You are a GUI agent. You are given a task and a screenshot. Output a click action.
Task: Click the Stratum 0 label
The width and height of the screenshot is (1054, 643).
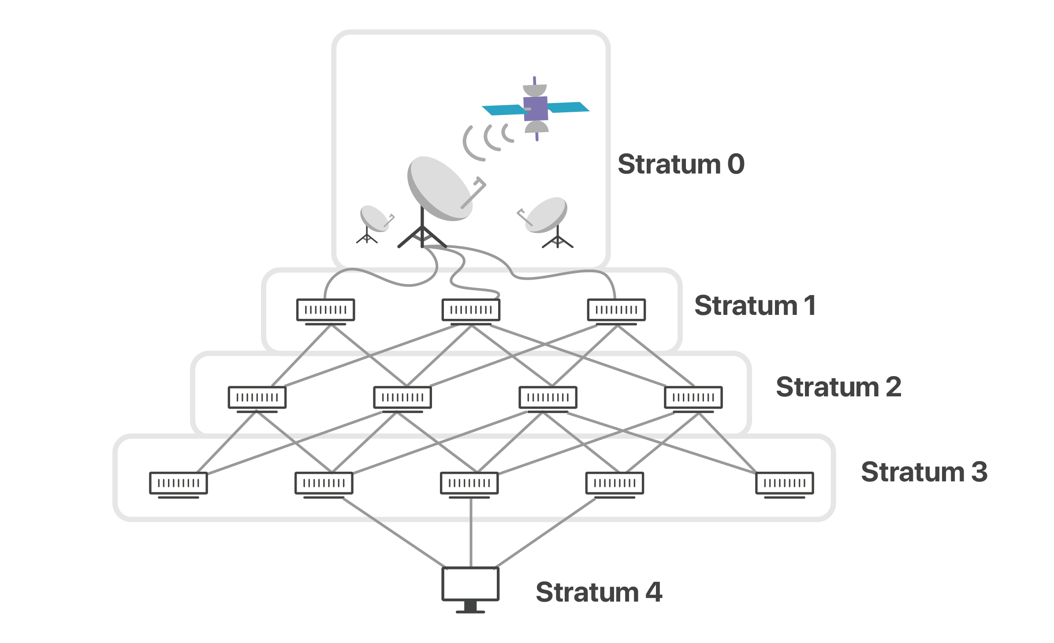point(681,164)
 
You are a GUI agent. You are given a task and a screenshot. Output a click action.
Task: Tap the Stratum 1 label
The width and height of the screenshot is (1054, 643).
point(755,306)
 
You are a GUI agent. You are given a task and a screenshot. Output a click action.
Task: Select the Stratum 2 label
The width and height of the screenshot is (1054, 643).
point(838,387)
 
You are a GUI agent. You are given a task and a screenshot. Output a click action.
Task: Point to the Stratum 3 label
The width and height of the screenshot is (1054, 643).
point(924,472)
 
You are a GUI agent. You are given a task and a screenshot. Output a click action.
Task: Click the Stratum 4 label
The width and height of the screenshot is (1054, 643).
point(599,592)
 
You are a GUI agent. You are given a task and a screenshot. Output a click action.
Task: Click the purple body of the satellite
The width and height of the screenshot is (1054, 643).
point(536,108)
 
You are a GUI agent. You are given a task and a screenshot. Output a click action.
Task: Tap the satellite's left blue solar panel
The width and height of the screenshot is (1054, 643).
point(503,110)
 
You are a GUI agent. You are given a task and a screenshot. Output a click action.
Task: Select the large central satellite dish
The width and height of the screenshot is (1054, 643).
point(439,188)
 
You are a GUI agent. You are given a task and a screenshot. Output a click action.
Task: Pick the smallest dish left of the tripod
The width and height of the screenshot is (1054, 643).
point(374,218)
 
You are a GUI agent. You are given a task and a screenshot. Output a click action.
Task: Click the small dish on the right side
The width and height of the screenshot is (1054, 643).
point(547,215)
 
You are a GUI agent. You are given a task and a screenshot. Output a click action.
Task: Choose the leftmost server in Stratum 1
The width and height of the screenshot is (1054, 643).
point(325,310)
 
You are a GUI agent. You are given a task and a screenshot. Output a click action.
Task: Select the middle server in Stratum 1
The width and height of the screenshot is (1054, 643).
point(471,310)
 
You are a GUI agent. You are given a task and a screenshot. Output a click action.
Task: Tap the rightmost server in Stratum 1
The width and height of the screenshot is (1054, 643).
point(616,310)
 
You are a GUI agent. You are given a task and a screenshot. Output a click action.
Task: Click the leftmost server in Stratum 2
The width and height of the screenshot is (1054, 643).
point(257,398)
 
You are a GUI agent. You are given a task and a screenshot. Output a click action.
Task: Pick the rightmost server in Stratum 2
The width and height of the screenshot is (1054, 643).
point(693,398)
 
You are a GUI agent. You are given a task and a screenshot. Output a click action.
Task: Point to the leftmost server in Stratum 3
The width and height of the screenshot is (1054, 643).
point(179,483)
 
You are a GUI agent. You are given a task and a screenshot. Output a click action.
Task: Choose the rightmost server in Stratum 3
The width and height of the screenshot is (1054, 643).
point(784,483)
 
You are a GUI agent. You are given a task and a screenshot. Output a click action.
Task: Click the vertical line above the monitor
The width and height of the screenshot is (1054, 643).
point(471,533)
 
